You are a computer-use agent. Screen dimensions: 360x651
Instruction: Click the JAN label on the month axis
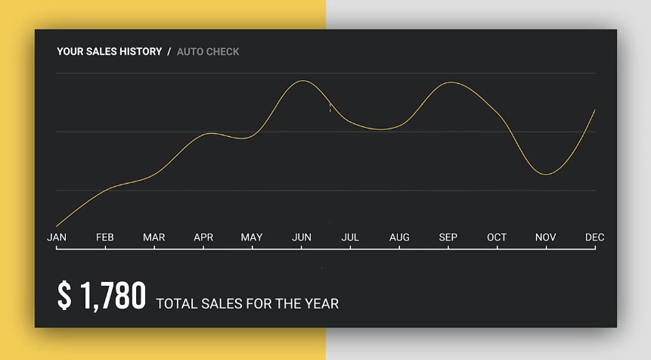click(x=57, y=237)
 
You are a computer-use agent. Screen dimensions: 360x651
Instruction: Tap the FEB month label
click(x=105, y=237)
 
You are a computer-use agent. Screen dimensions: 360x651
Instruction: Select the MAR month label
click(x=154, y=237)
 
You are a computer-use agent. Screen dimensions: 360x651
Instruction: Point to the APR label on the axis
click(x=203, y=237)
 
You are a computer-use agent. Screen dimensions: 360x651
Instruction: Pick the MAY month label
click(x=252, y=237)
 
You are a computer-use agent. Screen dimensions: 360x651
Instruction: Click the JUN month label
click(x=302, y=237)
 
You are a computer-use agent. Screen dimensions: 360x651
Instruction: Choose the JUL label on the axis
click(x=350, y=237)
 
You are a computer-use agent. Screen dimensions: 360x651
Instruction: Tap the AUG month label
click(x=399, y=237)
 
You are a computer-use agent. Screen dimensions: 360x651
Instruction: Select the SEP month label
click(x=448, y=237)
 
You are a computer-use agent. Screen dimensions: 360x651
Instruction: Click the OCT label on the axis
click(x=497, y=237)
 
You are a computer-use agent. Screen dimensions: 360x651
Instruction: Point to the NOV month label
click(x=546, y=237)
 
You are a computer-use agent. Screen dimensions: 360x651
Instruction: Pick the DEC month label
click(x=595, y=237)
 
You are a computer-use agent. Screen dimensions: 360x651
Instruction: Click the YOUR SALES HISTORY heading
click(x=110, y=51)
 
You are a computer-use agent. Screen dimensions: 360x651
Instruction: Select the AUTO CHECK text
click(x=208, y=51)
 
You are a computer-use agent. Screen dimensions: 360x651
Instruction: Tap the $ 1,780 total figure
click(x=101, y=296)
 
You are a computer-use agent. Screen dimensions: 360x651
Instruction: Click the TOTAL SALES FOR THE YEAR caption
click(x=247, y=304)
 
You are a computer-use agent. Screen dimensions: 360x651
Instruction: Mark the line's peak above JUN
click(x=302, y=81)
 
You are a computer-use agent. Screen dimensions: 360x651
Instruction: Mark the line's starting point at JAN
click(x=57, y=225)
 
